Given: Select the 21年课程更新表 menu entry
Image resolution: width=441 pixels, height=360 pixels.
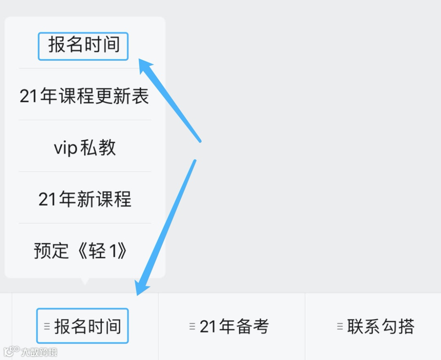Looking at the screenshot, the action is click(x=85, y=97).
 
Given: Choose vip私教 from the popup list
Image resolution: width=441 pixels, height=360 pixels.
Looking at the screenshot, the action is click(x=85, y=148).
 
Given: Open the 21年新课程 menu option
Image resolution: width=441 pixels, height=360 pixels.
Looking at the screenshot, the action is click(x=85, y=200).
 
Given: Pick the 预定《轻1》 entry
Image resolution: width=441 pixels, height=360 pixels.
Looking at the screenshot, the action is click(x=80, y=251).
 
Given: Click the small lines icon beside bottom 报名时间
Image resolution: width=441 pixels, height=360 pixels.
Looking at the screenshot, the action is click(x=47, y=326).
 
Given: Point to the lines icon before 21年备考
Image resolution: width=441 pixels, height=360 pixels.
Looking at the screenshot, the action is click(x=192, y=326).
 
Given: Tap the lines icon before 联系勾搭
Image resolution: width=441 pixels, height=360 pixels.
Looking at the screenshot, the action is click(x=340, y=326).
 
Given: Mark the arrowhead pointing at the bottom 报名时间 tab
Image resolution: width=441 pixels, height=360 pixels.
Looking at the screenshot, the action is click(x=142, y=289).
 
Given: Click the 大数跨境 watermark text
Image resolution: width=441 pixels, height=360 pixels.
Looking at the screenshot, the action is click(x=39, y=352).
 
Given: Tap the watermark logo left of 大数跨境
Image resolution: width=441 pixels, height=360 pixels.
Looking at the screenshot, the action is click(x=11, y=351).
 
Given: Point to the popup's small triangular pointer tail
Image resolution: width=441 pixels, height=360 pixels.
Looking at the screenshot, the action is click(x=85, y=281).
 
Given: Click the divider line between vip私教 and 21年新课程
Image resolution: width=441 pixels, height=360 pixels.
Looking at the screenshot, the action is click(x=85, y=171).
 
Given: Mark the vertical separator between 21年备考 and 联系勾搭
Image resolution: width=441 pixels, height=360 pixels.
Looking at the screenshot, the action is click(x=305, y=327).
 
